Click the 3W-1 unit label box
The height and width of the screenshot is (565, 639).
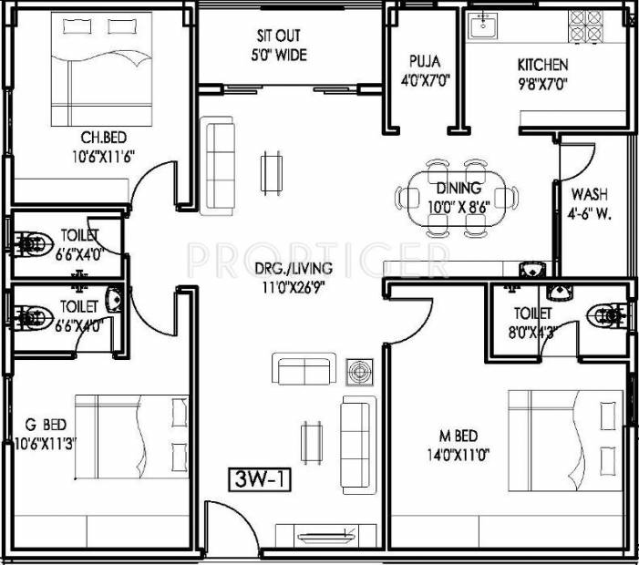point(260,479)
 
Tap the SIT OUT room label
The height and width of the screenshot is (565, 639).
point(279,36)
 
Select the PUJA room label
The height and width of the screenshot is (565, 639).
point(425,61)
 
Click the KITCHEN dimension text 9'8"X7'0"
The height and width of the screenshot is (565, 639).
point(543,84)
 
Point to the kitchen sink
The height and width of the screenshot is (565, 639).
point(482,26)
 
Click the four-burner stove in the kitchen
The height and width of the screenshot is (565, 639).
point(586,26)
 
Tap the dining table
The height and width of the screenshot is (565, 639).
point(457,199)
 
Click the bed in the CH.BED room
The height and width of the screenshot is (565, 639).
point(101,69)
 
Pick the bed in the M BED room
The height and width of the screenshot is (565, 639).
point(566,441)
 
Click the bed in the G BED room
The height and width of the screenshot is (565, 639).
point(131,437)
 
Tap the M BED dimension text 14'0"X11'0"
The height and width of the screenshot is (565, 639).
point(459,454)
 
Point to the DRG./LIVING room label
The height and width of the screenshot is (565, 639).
point(294,269)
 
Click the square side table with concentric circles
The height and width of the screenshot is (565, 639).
point(359,372)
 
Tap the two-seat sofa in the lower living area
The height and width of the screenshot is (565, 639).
point(304,368)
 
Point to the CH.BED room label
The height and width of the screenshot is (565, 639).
point(104,138)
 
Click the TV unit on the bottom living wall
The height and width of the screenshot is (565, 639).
point(325,536)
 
